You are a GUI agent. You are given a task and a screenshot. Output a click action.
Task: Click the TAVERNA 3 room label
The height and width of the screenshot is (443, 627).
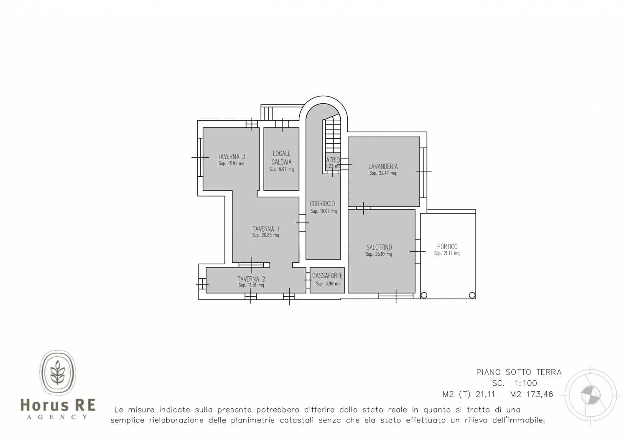232,156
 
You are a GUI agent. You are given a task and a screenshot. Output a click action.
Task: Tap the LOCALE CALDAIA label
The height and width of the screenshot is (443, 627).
282,158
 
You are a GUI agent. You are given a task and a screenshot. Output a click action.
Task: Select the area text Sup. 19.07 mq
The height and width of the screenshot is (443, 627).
324,211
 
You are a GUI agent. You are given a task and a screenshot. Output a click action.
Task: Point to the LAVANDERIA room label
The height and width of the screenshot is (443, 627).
383,166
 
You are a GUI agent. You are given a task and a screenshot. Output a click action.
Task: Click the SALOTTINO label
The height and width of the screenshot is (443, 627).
379,247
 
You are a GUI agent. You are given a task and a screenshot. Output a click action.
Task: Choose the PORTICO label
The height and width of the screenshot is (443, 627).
447,247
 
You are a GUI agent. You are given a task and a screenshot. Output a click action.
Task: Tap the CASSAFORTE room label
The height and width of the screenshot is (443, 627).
327,276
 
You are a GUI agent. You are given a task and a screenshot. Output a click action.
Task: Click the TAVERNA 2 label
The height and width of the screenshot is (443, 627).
251,279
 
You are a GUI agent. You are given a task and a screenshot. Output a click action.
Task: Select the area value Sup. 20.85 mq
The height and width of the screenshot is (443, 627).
265,235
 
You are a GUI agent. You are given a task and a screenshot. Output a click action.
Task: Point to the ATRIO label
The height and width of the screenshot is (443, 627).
333,160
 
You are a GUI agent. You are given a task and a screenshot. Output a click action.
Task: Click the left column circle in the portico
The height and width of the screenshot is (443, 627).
424,295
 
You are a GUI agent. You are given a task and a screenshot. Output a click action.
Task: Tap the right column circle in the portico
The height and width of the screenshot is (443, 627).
472,295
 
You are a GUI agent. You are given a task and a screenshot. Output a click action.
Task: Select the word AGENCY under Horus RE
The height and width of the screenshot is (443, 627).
57,417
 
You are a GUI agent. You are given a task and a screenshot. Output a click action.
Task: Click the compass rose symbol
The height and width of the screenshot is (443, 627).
591,395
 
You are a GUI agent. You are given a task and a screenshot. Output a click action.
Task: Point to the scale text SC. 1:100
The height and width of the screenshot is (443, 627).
515,383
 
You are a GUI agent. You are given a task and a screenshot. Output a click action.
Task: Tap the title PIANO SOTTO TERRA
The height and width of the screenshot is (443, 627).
519,372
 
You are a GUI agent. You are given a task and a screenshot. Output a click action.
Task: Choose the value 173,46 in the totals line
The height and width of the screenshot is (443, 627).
540,394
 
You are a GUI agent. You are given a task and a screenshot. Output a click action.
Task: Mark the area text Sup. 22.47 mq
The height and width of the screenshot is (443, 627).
382,173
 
